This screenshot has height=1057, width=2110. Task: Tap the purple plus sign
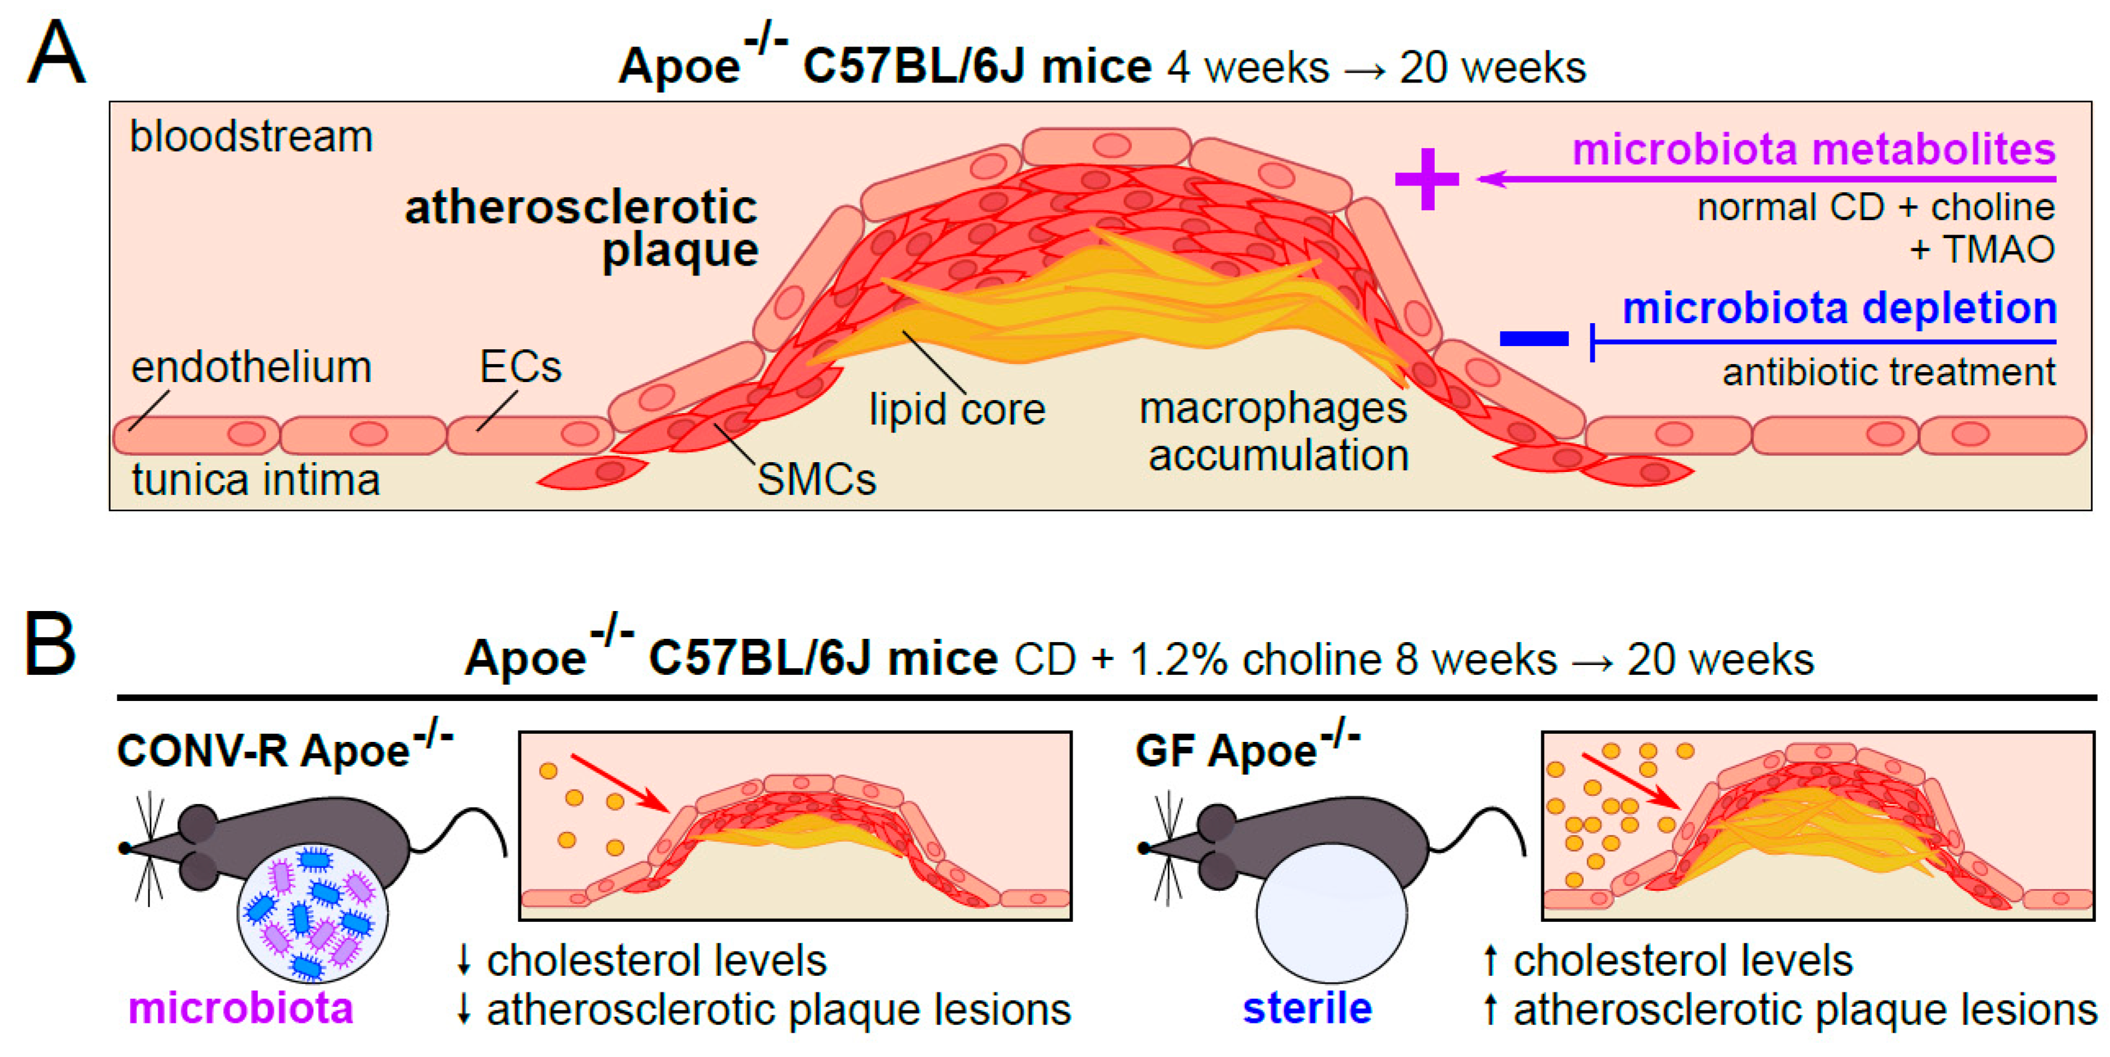1427,179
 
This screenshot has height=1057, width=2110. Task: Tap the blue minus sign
1533,338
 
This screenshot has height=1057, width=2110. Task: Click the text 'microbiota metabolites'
1813,150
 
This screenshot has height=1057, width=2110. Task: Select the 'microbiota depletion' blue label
1839,309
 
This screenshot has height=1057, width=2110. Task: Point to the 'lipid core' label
957,409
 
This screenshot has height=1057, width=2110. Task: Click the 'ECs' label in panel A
520,367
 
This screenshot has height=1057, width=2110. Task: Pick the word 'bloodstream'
251,136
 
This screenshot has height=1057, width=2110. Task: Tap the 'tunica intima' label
256,479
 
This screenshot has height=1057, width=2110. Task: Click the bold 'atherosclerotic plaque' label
582,228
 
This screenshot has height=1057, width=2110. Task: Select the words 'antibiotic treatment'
1888,373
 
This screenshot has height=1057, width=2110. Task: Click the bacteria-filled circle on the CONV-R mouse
313,913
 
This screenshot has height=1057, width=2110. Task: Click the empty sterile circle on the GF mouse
1331,913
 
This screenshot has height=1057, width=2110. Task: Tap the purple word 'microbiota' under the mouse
240,1008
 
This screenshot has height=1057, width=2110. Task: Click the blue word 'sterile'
1307,1008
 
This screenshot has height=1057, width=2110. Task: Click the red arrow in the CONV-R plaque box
620,783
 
